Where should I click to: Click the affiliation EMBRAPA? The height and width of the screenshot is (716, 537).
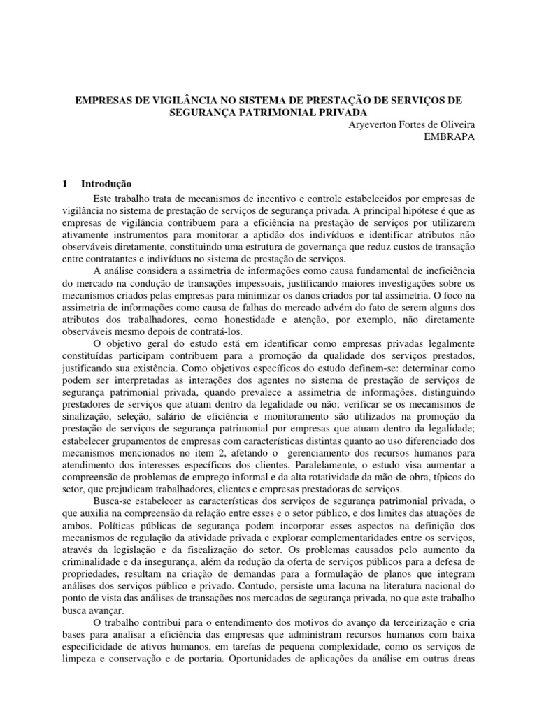450,136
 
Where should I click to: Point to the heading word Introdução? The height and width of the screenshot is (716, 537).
106,185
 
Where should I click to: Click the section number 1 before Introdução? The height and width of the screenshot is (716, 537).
64,185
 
